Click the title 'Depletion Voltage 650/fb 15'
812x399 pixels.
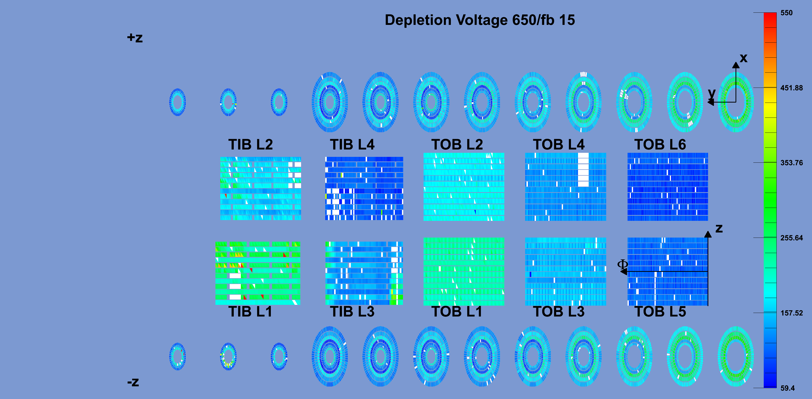pos(480,20)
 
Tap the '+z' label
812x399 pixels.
pos(135,38)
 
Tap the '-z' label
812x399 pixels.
pos(133,382)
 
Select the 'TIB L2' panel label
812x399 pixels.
pos(251,144)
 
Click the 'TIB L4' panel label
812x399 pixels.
pos(352,144)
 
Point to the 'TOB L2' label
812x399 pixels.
pos(457,144)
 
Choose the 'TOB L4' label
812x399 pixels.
pos(558,144)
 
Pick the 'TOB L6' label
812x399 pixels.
pos(660,144)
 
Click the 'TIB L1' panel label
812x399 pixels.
pos(250,311)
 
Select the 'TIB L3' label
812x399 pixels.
pos(352,311)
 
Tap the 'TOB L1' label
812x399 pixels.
pos(457,311)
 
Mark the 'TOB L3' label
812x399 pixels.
pos(558,311)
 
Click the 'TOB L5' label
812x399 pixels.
pos(660,311)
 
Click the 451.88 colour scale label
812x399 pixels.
pos(791,88)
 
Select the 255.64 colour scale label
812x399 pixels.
pos(791,238)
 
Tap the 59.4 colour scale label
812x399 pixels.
pos(787,388)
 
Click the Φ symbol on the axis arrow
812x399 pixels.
pos(622,264)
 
